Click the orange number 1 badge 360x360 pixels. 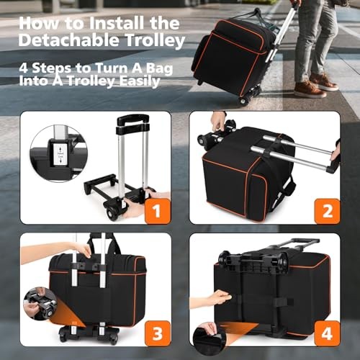pos(158,212)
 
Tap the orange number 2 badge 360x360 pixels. pos(327,212)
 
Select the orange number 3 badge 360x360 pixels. pos(158,333)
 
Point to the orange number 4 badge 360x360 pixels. pos(327,333)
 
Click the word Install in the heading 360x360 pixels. pos(116,24)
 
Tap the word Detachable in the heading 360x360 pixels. pos(68,40)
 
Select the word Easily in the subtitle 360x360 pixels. pos(140,81)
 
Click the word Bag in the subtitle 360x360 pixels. pos(159,69)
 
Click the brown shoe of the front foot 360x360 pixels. pos(310,89)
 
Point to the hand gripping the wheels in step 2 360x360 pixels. pos(218,122)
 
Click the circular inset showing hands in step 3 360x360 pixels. pos(40,304)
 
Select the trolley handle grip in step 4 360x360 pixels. pos(305,240)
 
